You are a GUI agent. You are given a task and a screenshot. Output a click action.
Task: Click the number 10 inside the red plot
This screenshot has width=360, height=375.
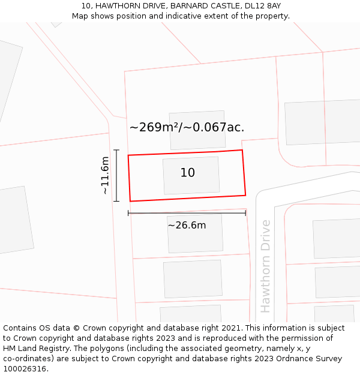(188, 173)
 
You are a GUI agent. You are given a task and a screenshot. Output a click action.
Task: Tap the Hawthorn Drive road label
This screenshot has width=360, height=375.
(266, 266)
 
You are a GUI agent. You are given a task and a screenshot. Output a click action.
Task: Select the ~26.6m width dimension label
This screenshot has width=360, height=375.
(187, 226)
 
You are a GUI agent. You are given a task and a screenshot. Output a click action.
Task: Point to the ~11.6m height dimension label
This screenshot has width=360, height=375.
(105, 175)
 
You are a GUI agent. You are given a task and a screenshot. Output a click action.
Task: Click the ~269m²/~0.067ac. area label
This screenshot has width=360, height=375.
(187, 127)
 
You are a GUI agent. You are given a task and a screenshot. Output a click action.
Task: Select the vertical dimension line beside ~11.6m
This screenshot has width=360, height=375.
(116, 175)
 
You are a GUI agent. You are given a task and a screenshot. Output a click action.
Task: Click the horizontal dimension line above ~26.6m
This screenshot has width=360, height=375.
(187, 213)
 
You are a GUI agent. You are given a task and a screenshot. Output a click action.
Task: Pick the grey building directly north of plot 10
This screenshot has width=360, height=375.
(197, 130)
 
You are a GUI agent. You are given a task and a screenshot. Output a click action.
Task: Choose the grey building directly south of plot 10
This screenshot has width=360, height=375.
(195, 233)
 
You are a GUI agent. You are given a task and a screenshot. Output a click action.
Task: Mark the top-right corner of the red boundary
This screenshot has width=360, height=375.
(242, 150)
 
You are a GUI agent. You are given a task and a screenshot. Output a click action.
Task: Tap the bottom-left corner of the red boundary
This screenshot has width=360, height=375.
(130, 201)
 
